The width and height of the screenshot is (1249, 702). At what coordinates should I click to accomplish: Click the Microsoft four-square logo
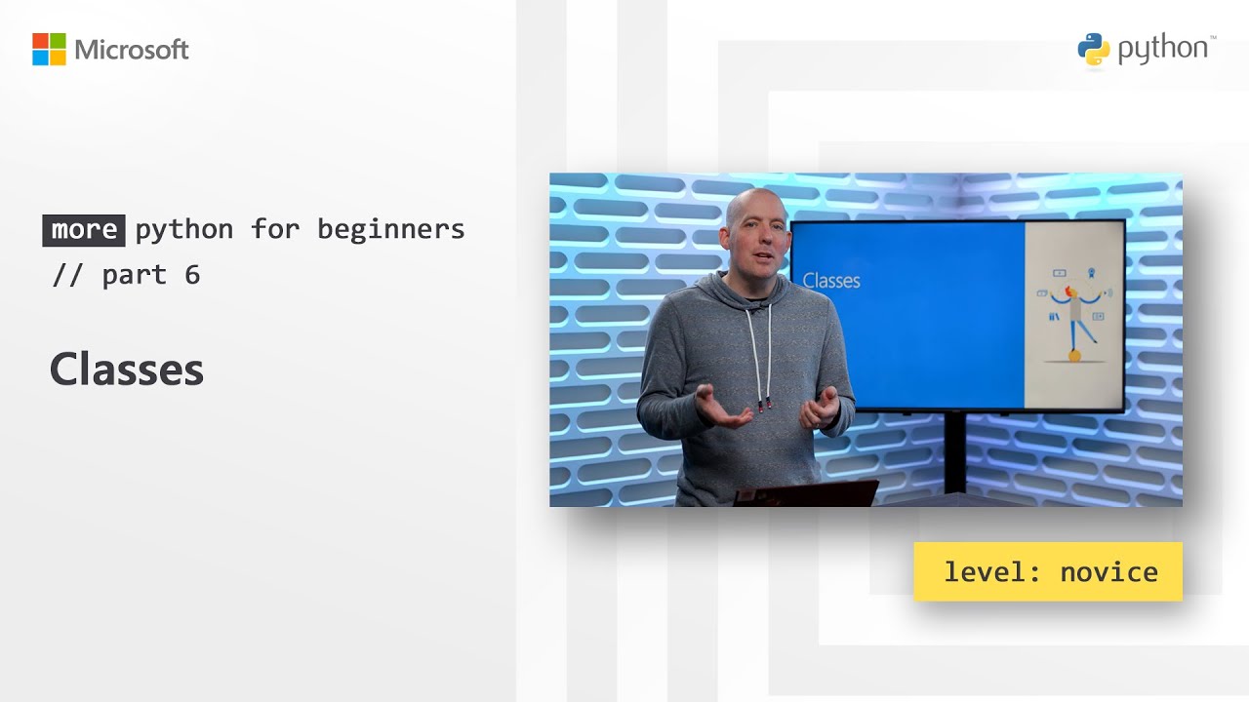point(49,50)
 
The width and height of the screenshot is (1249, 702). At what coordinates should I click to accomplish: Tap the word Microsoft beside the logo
point(132,50)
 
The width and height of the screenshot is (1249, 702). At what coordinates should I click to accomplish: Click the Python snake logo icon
point(1094,50)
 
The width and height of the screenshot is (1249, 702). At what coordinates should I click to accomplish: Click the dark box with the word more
point(84,230)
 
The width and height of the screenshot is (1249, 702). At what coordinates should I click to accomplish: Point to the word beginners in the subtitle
point(390,230)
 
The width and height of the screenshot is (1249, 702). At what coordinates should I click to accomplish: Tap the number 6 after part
point(192,275)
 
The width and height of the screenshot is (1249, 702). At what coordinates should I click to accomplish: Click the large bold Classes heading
point(127,370)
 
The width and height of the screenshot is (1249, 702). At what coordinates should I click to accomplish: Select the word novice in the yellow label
point(1108,572)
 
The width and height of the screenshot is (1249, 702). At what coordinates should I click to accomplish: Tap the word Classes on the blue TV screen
point(831,281)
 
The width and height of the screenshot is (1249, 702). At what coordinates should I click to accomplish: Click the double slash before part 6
point(67,275)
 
